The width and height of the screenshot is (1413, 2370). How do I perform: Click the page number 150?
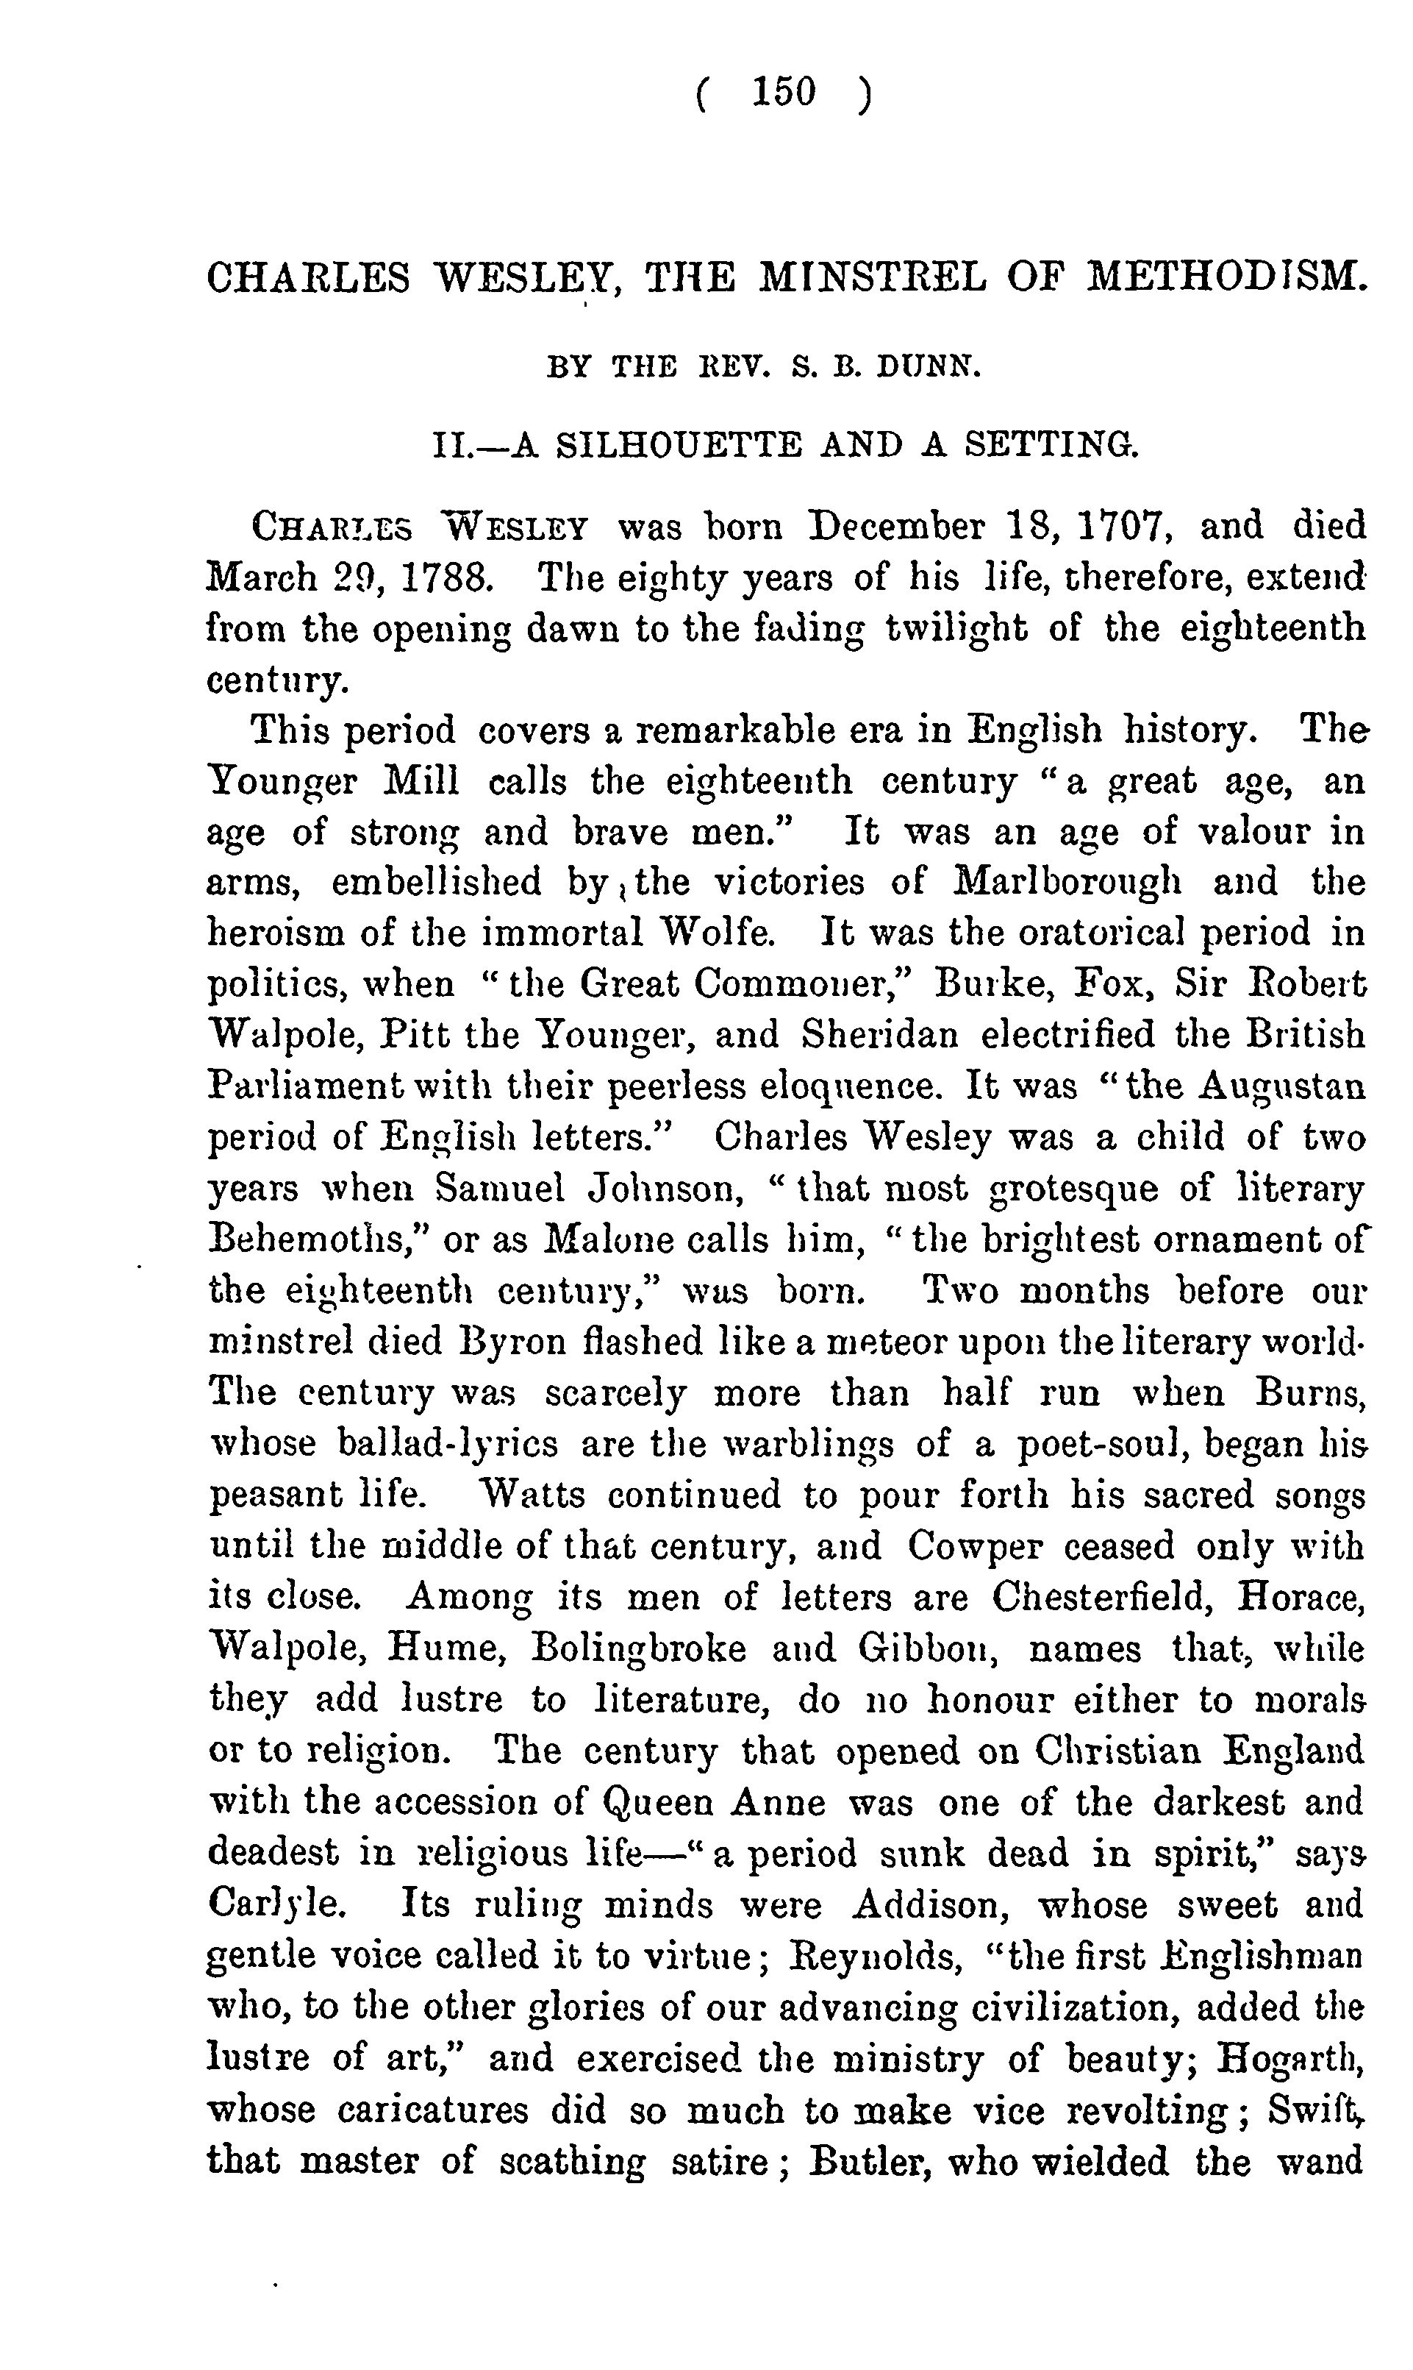(784, 93)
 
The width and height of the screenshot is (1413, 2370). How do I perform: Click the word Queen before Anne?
(654, 1803)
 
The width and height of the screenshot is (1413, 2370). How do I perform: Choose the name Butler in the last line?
(865, 2161)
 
